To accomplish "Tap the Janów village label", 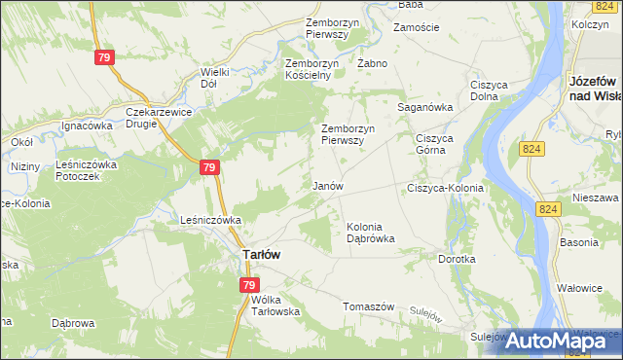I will click(x=326, y=185).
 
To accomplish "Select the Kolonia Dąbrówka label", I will click(x=371, y=233).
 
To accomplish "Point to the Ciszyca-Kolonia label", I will click(x=445, y=187).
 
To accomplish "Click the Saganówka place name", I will click(x=425, y=108).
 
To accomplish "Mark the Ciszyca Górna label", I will click(x=436, y=144).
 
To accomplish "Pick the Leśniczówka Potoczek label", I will click(x=86, y=170).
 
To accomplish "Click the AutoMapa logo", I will click(x=551, y=341).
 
